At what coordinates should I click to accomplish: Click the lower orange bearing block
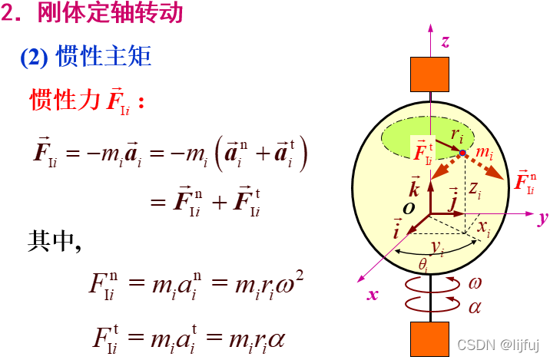[429, 339]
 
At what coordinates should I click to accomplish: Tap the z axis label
[446, 41]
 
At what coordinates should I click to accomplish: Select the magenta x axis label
[373, 294]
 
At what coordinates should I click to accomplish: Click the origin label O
[409, 208]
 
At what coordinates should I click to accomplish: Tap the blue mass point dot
[462, 154]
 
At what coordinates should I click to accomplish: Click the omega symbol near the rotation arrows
[476, 282]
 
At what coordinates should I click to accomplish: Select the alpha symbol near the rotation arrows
[475, 306]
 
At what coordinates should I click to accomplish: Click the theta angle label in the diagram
[423, 263]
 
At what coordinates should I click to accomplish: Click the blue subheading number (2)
[35, 58]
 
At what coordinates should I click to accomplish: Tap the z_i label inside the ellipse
[476, 189]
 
